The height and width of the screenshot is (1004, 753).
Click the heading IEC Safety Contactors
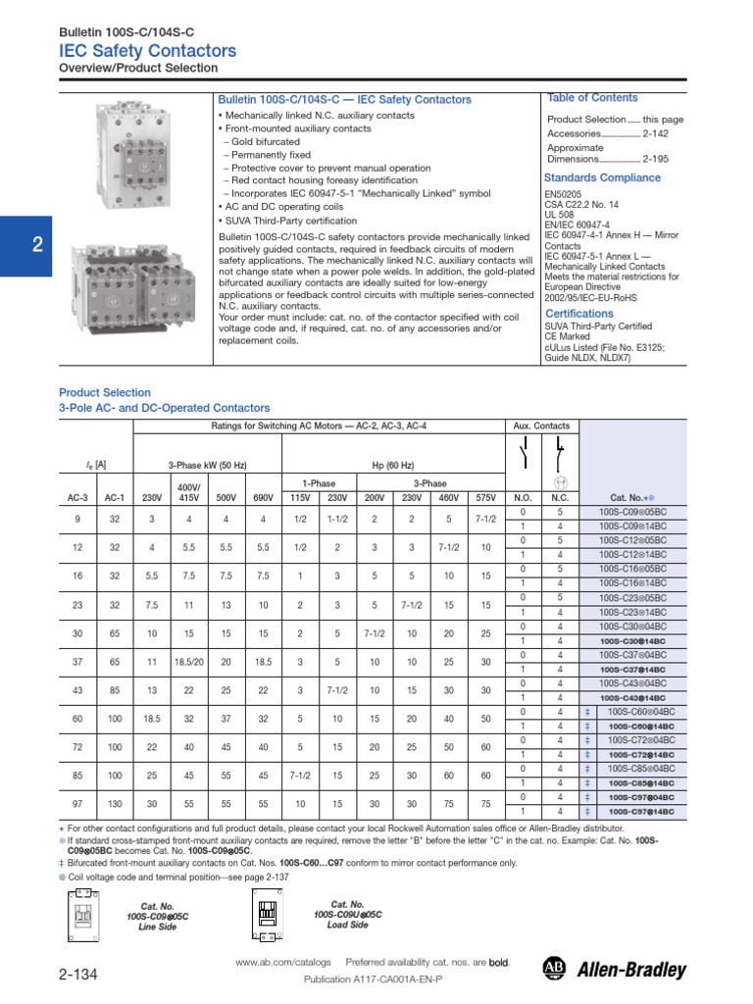(148, 51)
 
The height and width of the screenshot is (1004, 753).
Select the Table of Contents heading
(592, 98)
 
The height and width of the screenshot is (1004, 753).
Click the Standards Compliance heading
(602, 178)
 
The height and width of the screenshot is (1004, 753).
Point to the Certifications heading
(578, 314)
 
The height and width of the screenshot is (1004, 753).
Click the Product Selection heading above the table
(105, 392)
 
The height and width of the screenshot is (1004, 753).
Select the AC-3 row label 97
(77, 804)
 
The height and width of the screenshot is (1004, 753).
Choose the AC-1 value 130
(114, 804)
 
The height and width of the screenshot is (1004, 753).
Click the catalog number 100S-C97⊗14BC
(644, 812)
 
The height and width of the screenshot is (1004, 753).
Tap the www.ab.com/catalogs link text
(283, 963)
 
